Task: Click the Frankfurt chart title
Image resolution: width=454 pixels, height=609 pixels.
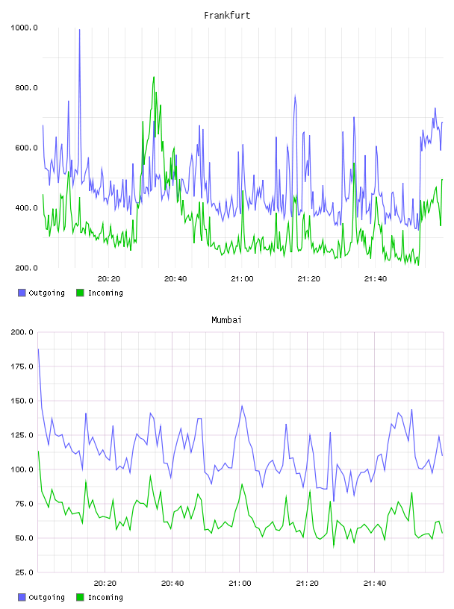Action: (227, 16)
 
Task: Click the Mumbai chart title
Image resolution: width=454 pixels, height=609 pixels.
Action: (226, 320)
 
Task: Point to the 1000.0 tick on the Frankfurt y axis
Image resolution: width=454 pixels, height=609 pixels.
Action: (24, 28)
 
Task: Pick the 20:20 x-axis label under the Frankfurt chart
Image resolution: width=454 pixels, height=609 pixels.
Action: (109, 279)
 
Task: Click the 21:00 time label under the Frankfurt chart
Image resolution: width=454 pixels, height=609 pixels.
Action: (242, 279)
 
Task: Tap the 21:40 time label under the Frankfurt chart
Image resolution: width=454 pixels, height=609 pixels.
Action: (376, 279)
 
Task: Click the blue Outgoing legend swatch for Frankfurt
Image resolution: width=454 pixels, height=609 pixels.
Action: (22, 293)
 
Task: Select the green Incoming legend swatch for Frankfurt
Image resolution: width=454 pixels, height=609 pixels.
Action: (80, 293)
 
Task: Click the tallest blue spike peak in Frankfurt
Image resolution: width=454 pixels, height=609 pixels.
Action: (80, 30)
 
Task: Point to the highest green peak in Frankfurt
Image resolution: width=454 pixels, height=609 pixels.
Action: (154, 78)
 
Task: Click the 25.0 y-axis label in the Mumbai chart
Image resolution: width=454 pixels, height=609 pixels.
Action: (24, 572)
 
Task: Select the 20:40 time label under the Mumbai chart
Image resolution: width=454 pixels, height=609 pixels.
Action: (172, 584)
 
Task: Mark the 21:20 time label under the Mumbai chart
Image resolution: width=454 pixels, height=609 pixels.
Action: (307, 584)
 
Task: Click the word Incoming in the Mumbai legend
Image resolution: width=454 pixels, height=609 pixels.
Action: (105, 597)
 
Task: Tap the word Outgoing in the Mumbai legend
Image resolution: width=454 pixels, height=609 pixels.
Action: (46, 597)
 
